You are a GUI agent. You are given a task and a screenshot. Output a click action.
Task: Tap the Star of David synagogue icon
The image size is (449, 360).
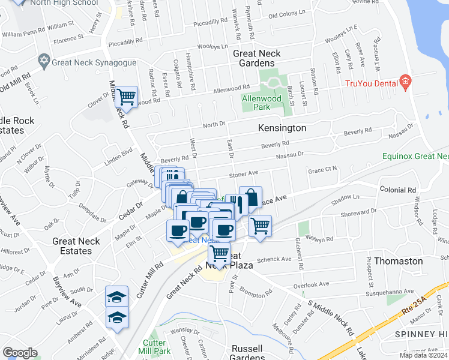[x=43, y=61]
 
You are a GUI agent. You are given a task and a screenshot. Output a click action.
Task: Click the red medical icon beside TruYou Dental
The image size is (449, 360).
[x=406, y=81]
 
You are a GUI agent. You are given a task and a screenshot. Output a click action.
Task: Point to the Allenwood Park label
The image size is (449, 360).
[x=262, y=103]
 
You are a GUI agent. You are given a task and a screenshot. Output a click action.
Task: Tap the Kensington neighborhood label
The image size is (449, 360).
[x=282, y=128]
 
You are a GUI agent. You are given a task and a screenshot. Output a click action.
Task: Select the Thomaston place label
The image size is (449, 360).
[x=399, y=262]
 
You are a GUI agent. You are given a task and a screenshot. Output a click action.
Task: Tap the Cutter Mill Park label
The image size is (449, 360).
[x=157, y=347]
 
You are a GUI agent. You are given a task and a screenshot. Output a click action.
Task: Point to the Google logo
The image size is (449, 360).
[x=20, y=353]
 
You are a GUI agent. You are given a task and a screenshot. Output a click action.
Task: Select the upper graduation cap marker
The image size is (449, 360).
[x=117, y=296]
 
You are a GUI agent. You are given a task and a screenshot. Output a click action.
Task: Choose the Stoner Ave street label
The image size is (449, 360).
[x=243, y=173]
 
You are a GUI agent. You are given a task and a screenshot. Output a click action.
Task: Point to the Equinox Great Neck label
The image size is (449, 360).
[x=415, y=157]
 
